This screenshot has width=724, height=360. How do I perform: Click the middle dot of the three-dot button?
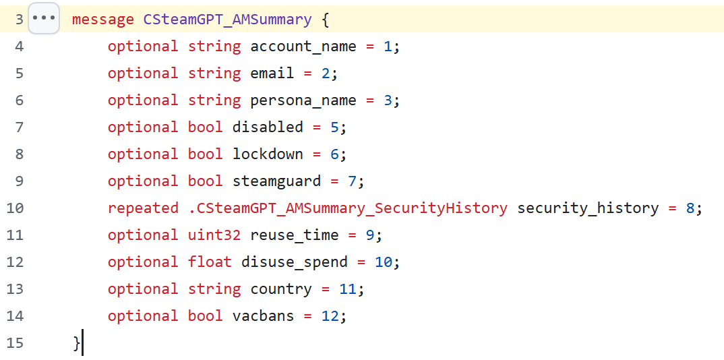(x=44, y=18)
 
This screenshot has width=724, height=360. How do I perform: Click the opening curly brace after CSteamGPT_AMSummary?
(x=326, y=20)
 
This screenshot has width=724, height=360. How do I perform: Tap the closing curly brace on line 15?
(x=77, y=343)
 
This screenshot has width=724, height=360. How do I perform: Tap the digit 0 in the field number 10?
(x=388, y=262)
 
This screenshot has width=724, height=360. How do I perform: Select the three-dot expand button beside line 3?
(x=44, y=18)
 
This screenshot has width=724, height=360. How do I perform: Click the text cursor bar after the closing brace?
(x=82, y=342)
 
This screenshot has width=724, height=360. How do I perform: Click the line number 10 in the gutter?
(x=16, y=208)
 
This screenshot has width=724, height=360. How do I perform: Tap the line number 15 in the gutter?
(x=16, y=343)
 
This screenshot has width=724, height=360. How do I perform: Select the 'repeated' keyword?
(x=143, y=208)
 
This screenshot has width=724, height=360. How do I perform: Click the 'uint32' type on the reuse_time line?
(x=214, y=235)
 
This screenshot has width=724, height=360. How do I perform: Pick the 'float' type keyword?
(x=210, y=262)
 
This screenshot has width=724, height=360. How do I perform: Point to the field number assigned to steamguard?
(x=353, y=181)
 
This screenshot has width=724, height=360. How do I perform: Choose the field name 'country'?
(x=281, y=289)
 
